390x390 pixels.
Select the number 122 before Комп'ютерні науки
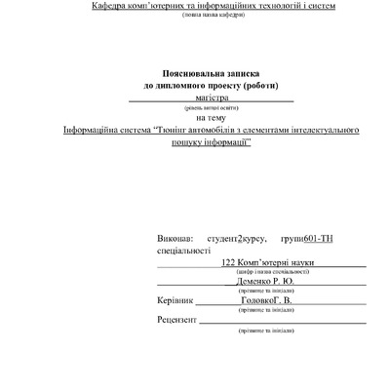tap(229, 262)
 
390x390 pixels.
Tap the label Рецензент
tap(178, 319)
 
